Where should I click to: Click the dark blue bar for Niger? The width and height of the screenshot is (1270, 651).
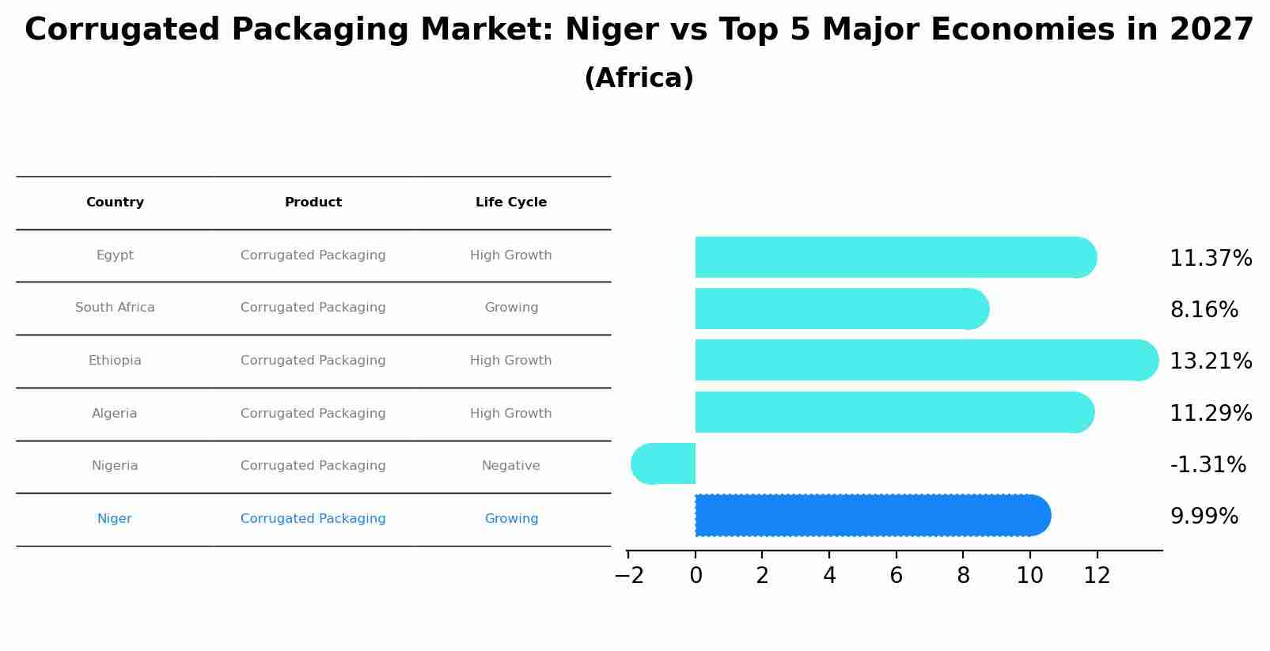[870, 516]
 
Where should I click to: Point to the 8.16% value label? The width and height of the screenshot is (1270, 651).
[1204, 310]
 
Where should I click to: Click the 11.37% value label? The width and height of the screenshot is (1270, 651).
[1211, 259]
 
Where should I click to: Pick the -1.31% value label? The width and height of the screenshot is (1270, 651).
[1207, 465]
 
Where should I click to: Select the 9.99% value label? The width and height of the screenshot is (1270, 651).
[1204, 517]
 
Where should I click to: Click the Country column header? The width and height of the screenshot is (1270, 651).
[115, 202]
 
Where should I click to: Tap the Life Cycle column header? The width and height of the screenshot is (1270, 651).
[511, 202]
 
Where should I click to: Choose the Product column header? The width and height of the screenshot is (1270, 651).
[313, 202]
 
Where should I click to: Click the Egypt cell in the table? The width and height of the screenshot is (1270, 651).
[115, 255]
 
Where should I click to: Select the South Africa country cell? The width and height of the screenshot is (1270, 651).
[115, 308]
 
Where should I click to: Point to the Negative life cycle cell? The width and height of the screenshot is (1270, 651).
[511, 466]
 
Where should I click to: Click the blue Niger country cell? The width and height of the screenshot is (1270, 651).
[115, 519]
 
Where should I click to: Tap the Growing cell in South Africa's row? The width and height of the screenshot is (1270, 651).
[511, 308]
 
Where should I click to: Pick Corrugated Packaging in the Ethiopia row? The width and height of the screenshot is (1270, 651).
[313, 361]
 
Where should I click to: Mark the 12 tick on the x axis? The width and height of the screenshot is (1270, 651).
[1097, 576]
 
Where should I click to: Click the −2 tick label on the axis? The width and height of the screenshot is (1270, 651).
[629, 576]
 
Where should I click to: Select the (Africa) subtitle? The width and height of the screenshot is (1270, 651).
[639, 78]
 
